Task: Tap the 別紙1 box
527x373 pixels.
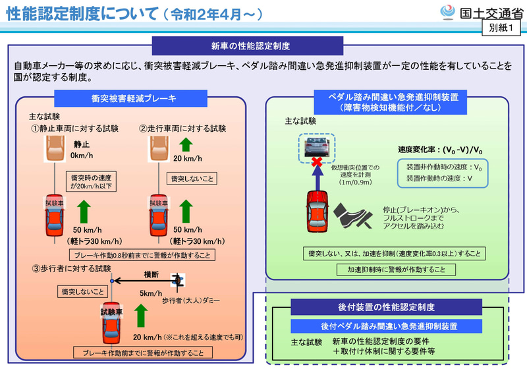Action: coord(502,28)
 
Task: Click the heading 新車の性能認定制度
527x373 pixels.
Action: coord(251,46)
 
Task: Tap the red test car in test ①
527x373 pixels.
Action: coord(52,215)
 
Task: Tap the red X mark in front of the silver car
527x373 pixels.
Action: coord(317,161)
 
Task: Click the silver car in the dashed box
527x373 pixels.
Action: coord(317,145)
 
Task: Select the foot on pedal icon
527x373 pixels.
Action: coord(355,215)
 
